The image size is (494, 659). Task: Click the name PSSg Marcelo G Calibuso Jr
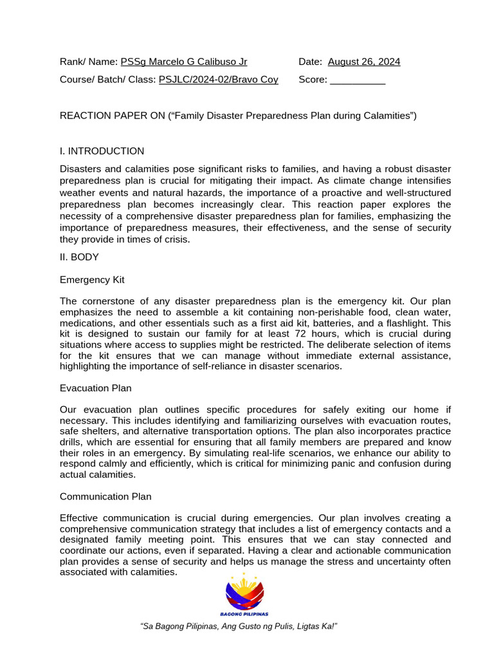click(x=183, y=62)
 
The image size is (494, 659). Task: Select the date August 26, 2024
click(x=363, y=62)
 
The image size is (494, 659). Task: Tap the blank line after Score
click(x=357, y=80)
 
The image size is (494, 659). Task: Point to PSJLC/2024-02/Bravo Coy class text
click(x=218, y=80)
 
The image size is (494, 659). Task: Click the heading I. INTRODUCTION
click(x=102, y=151)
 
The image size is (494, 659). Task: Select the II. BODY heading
click(x=79, y=257)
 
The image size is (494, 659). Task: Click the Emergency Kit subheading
click(x=92, y=280)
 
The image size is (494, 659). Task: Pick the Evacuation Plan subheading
click(x=95, y=388)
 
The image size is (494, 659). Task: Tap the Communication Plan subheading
click(x=105, y=496)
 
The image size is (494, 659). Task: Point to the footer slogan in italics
click(x=239, y=627)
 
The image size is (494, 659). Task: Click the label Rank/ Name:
click(x=89, y=62)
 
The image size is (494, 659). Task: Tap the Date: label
click(x=311, y=62)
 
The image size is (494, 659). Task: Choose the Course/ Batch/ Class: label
click(x=107, y=80)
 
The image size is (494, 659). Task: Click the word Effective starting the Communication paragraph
click(x=81, y=518)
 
